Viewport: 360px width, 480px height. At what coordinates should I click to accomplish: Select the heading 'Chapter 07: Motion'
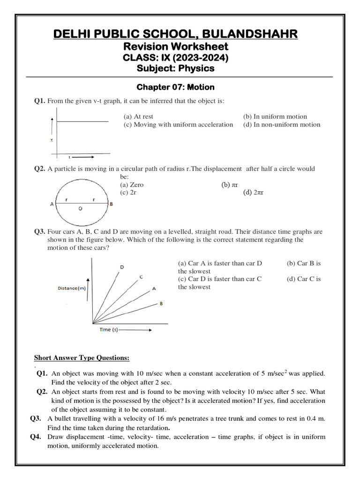pyautogui.click(x=175, y=87)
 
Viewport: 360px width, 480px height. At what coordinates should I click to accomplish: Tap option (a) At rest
pyautogui.click(x=138, y=116)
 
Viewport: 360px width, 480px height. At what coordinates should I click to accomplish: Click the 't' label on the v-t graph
pyautogui.click(x=69, y=157)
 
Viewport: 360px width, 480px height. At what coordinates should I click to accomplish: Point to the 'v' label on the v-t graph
pyautogui.click(x=52, y=140)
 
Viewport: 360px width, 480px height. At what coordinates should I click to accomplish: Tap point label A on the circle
pyautogui.click(x=52, y=204)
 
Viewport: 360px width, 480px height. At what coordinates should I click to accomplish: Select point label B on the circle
pyautogui.click(x=111, y=204)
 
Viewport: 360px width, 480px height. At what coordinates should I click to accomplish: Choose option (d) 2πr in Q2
pyautogui.click(x=253, y=193)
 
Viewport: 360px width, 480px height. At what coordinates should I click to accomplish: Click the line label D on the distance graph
pyautogui.click(x=122, y=267)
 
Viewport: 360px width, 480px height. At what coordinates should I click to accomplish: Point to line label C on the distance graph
pyautogui.click(x=141, y=277)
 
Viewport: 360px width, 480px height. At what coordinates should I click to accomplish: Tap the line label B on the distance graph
pyautogui.click(x=161, y=304)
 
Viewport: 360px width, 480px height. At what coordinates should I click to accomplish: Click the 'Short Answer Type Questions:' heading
pyautogui.click(x=82, y=358)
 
